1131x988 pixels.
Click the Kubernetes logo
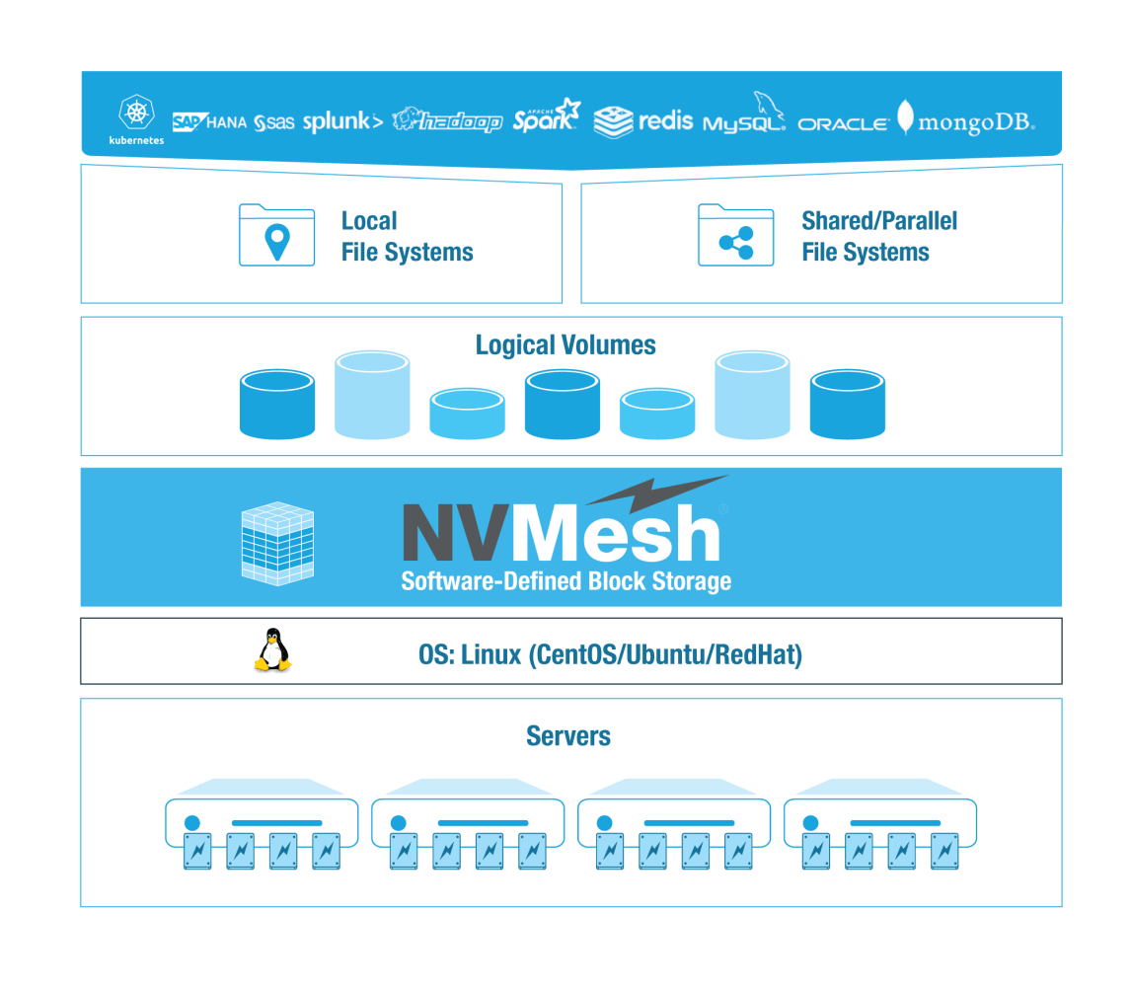click(x=136, y=119)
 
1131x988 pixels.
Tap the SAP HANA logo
click(x=209, y=122)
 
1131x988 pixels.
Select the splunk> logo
click(x=342, y=122)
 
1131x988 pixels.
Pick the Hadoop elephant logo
click(x=447, y=120)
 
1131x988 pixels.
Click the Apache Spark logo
click(x=546, y=119)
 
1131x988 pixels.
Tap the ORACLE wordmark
click(x=843, y=124)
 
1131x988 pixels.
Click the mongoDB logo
click(x=966, y=120)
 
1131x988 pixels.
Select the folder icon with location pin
click(x=277, y=236)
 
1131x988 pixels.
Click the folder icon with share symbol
click(x=736, y=236)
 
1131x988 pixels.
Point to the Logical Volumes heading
click(x=565, y=345)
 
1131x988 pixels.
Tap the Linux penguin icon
click(x=272, y=651)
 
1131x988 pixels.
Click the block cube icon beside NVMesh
click(x=277, y=543)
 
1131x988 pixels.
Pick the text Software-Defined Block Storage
click(x=565, y=580)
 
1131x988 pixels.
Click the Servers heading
click(x=568, y=736)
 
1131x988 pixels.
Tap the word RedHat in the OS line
click(x=758, y=654)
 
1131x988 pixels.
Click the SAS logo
click(x=274, y=123)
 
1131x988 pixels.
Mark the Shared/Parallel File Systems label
click(x=878, y=237)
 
